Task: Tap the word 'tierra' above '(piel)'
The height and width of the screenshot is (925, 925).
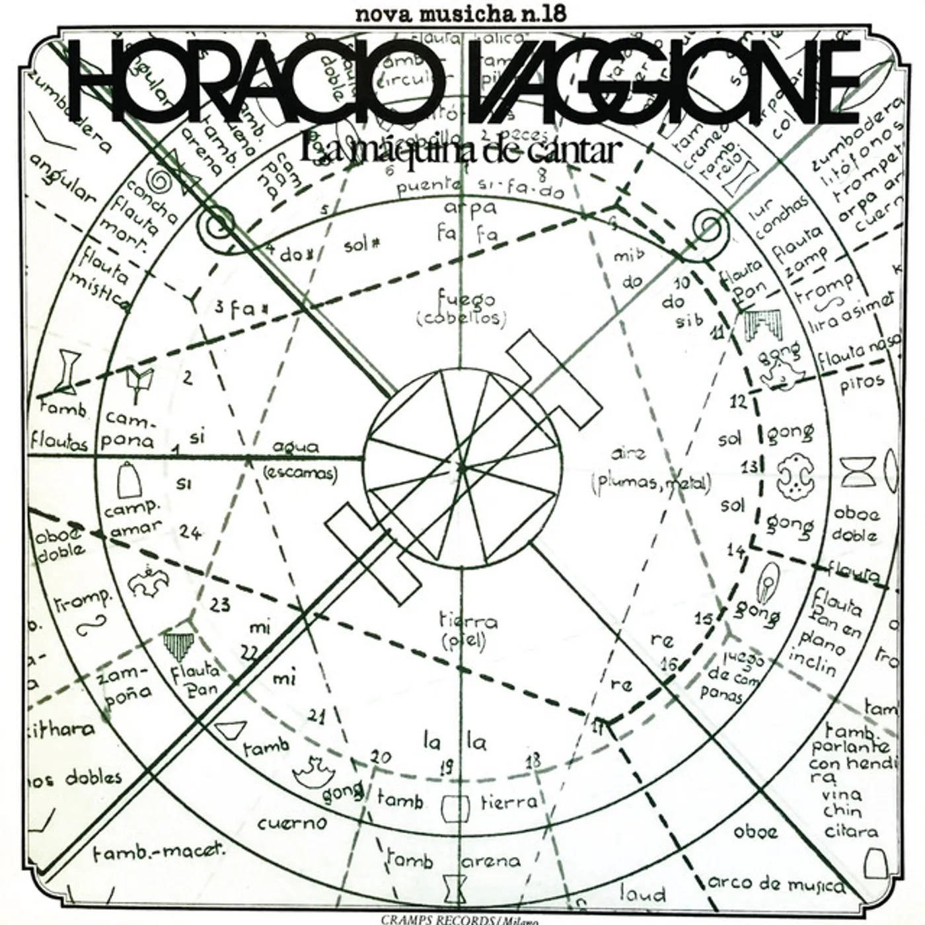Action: pyautogui.click(x=468, y=622)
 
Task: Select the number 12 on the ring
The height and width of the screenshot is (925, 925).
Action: pyautogui.click(x=739, y=400)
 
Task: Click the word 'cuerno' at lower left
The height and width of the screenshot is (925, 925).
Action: pyautogui.click(x=293, y=823)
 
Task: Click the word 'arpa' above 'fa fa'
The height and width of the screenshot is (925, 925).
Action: pyautogui.click(x=470, y=208)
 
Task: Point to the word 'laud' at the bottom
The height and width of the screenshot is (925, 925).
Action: pyautogui.click(x=643, y=895)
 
